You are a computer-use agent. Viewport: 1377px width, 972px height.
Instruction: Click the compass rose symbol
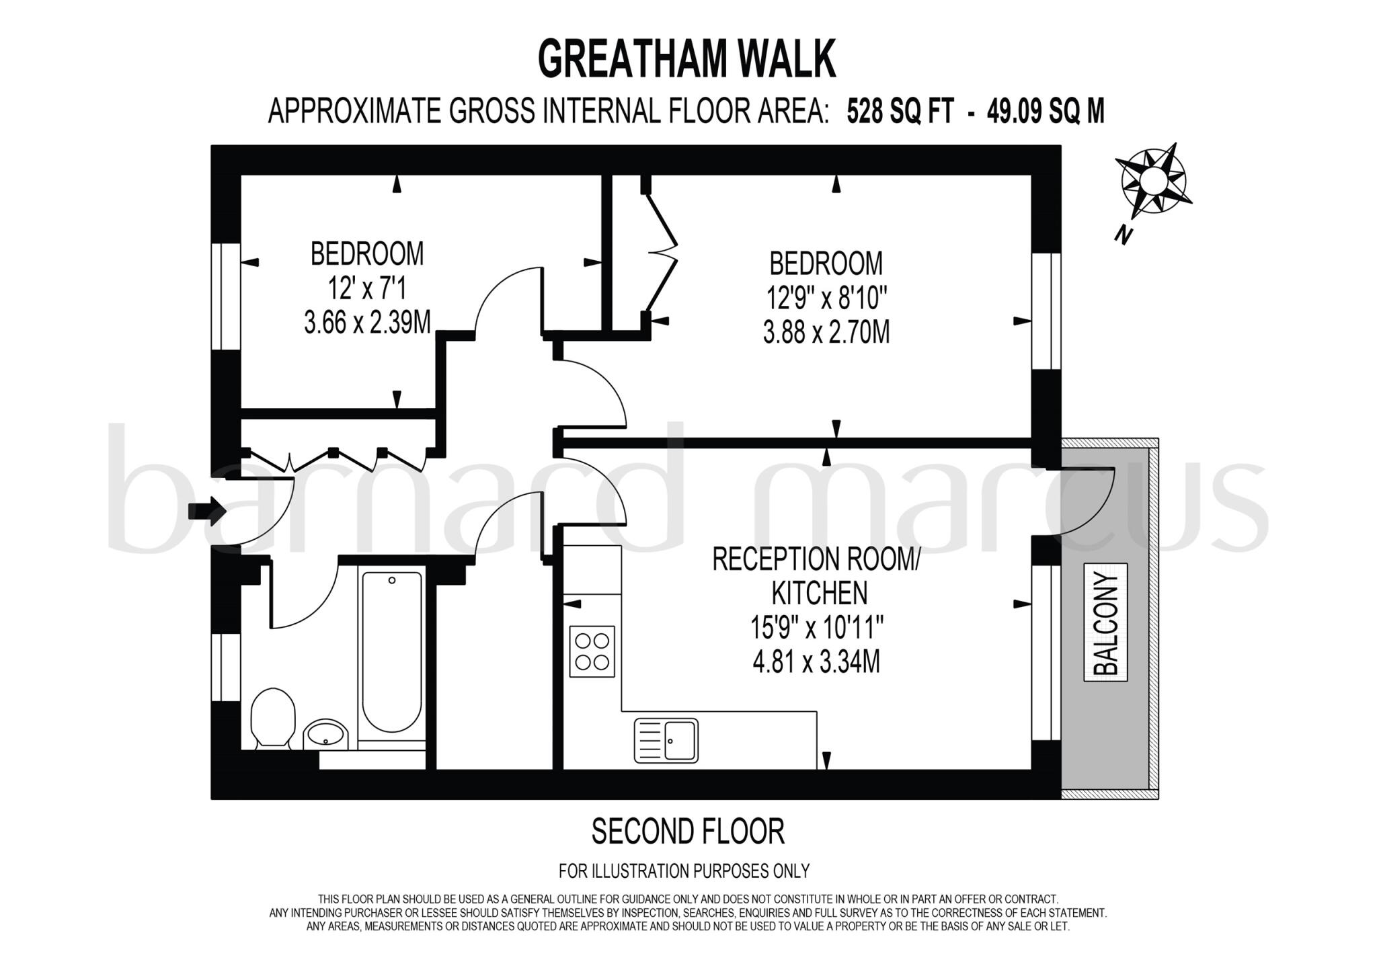click(1153, 179)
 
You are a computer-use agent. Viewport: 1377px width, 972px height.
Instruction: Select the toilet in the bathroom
click(273, 716)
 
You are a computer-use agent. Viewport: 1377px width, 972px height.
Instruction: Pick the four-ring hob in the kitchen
click(592, 651)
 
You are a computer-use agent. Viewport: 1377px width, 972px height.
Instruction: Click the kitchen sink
click(666, 740)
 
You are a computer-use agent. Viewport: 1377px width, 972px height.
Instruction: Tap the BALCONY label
click(1105, 622)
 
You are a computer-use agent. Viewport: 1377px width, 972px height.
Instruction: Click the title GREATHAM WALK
click(686, 59)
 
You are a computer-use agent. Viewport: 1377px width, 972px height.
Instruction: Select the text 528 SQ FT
click(900, 112)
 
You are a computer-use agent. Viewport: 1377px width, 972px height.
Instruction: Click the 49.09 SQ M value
click(1046, 112)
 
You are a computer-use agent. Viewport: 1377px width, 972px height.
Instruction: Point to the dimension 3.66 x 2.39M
click(367, 323)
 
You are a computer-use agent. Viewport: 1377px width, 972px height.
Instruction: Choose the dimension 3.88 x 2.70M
click(826, 332)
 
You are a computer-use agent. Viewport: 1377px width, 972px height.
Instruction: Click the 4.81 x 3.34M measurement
click(816, 663)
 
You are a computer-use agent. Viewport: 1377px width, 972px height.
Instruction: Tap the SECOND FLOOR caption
click(688, 832)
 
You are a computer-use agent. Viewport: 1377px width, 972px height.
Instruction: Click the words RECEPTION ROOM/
click(816, 559)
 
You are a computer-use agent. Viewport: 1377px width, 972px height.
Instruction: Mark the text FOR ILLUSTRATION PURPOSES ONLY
click(684, 871)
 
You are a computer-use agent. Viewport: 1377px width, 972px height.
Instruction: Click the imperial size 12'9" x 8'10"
click(826, 296)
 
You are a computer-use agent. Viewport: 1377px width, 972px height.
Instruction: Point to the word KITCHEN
click(819, 594)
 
